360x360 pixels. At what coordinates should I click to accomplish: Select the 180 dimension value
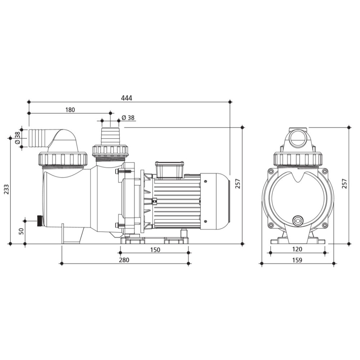(x=70, y=110)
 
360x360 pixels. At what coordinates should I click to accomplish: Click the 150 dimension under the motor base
(x=155, y=249)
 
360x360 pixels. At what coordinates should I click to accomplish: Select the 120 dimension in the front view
(x=297, y=249)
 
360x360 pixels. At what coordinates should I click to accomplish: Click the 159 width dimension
(x=297, y=260)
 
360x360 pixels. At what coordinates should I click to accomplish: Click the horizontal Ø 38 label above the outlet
(x=128, y=117)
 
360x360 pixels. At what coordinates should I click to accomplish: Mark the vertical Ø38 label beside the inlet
(x=17, y=138)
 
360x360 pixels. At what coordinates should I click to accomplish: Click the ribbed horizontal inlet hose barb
(x=37, y=138)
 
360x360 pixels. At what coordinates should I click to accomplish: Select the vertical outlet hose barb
(x=110, y=136)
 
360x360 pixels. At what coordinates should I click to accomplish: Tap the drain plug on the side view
(x=39, y=221)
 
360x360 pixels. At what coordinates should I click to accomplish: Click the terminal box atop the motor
(x=169, y=169)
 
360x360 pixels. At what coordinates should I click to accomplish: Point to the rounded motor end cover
(x=215, y=202)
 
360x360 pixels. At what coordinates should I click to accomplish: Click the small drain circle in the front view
(x=297, y=221)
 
